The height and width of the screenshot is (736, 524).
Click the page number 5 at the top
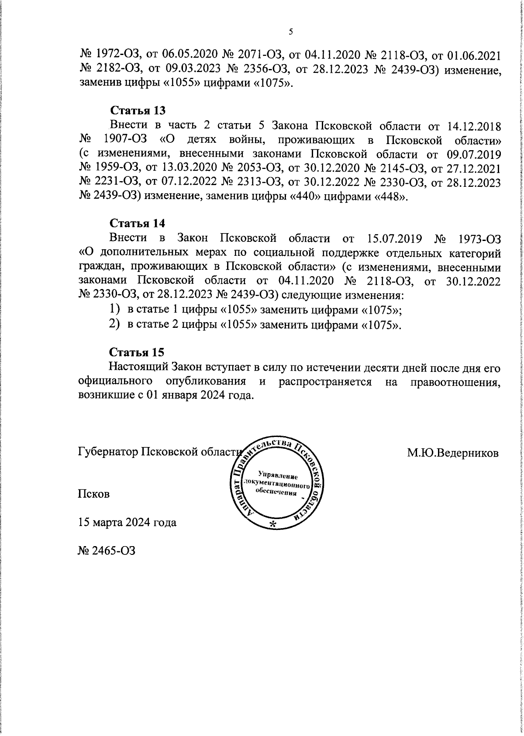[x=290, y=32]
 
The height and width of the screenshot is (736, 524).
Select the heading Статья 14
[x=137, y=223]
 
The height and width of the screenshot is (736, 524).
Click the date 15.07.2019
[x=391, y=239]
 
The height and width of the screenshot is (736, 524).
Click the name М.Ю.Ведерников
[x=453, y=453]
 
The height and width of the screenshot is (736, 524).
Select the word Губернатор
[x=105, y=451]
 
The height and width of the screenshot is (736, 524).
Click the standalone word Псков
[x=93, y=494]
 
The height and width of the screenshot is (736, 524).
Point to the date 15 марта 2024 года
[x=127, y=522]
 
